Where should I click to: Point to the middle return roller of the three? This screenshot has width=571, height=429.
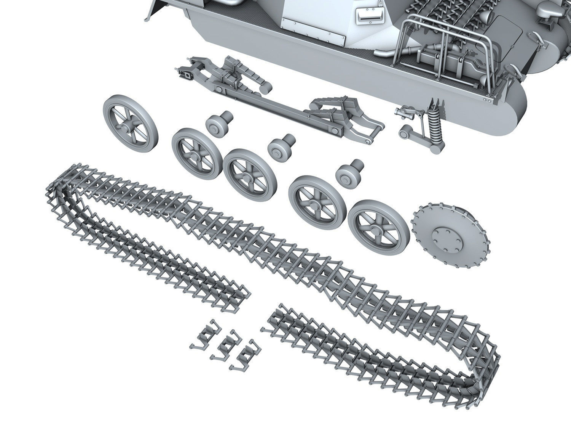pyautogui.click(x=281, y=148)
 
